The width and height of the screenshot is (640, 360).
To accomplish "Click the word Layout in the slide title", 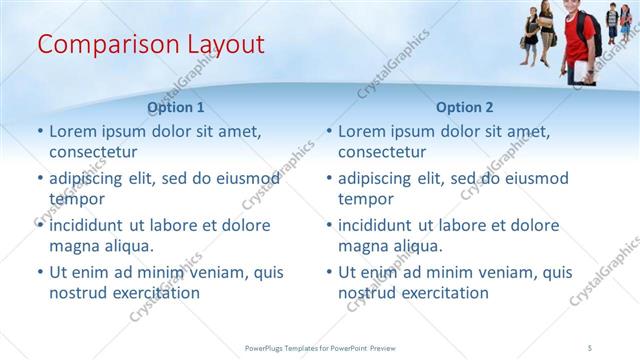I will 225,44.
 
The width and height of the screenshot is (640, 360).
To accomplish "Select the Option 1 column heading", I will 175,107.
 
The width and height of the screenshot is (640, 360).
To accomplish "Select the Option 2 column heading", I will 465,107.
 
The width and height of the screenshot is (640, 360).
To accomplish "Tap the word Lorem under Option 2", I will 361,131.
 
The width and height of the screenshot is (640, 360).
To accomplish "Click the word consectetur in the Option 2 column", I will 381,152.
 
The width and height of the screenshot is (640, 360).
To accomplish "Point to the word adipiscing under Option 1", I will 89,178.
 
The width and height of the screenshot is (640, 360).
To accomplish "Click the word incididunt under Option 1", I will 91,225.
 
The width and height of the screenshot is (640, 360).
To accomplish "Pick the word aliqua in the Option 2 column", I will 419,246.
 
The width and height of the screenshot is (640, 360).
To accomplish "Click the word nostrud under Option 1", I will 77,293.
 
